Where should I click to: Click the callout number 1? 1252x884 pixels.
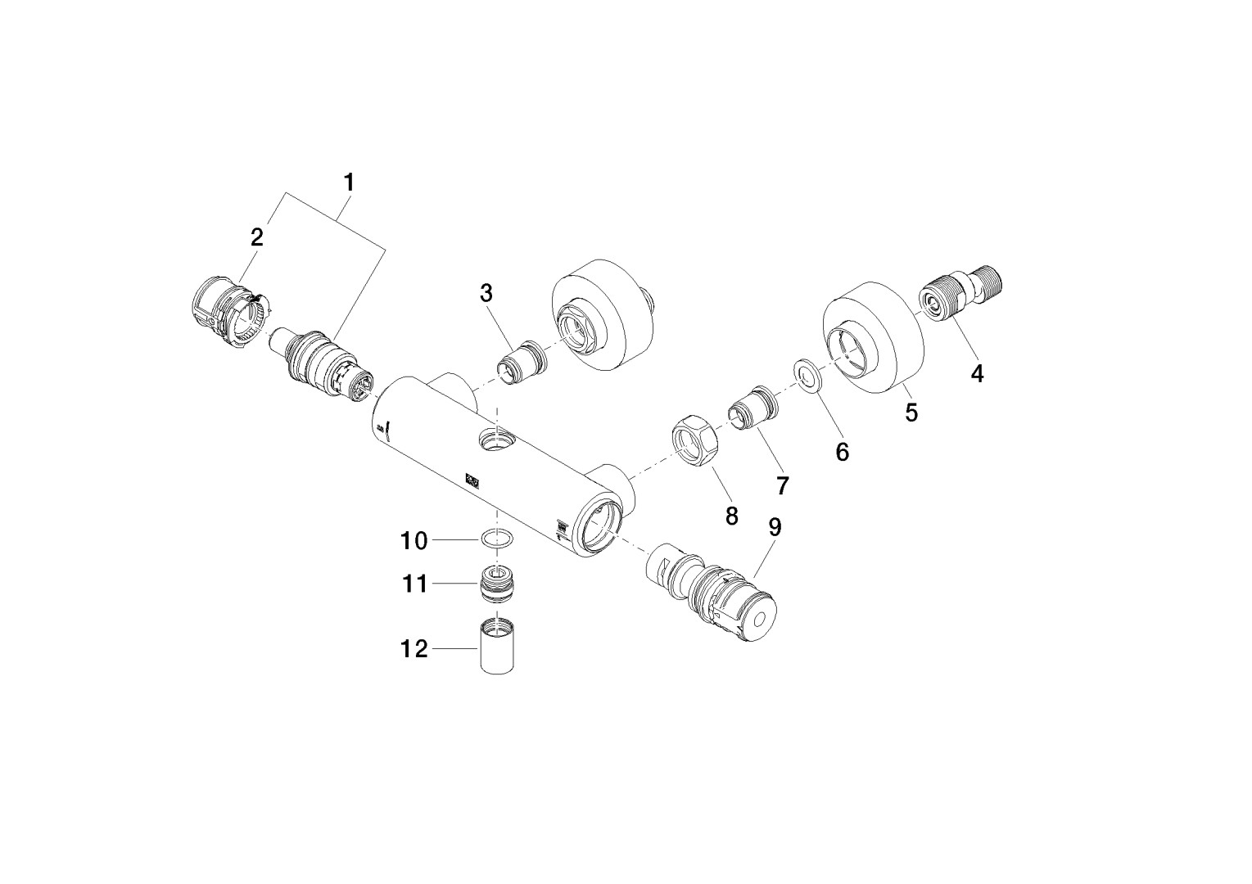click(349, 183)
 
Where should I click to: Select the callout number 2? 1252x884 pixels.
click(257, 237)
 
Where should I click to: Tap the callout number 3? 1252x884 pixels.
click(486, 293)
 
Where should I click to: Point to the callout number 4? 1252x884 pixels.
click(976, 373)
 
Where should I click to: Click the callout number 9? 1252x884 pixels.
click(775, 528)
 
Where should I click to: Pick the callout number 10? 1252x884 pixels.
click(414, 540)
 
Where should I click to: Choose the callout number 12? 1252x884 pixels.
click(414, 649)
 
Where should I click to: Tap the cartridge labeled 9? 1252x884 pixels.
click(721, 593)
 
